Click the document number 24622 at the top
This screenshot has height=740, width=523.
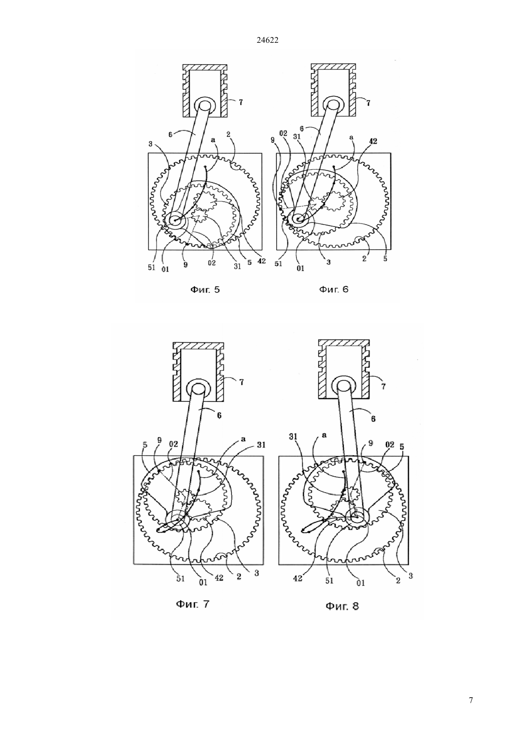[x=267, y=40]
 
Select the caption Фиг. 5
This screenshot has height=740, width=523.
[x=205, y=290]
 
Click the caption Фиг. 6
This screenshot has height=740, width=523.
[x=333, y=290]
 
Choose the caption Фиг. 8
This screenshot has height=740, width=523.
[x=342, y=606]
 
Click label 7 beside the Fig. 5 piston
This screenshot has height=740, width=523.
[x=241, y=102]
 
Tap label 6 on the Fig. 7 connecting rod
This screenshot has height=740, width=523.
[x=219, y=415]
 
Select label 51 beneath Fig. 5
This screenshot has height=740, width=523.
[x=151, y=267]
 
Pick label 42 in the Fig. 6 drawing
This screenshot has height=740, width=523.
[x=373, y=141]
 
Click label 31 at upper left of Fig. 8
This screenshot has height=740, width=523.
[x=293, y=437]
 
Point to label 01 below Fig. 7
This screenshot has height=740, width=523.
[x=203, y=583]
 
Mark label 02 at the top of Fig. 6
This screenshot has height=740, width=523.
[x=283, y=134]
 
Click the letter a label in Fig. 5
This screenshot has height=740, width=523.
[x=213, y=140]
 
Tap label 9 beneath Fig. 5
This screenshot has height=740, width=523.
[x=185, y=264]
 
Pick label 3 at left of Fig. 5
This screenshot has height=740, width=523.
[x=150, y=144]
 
